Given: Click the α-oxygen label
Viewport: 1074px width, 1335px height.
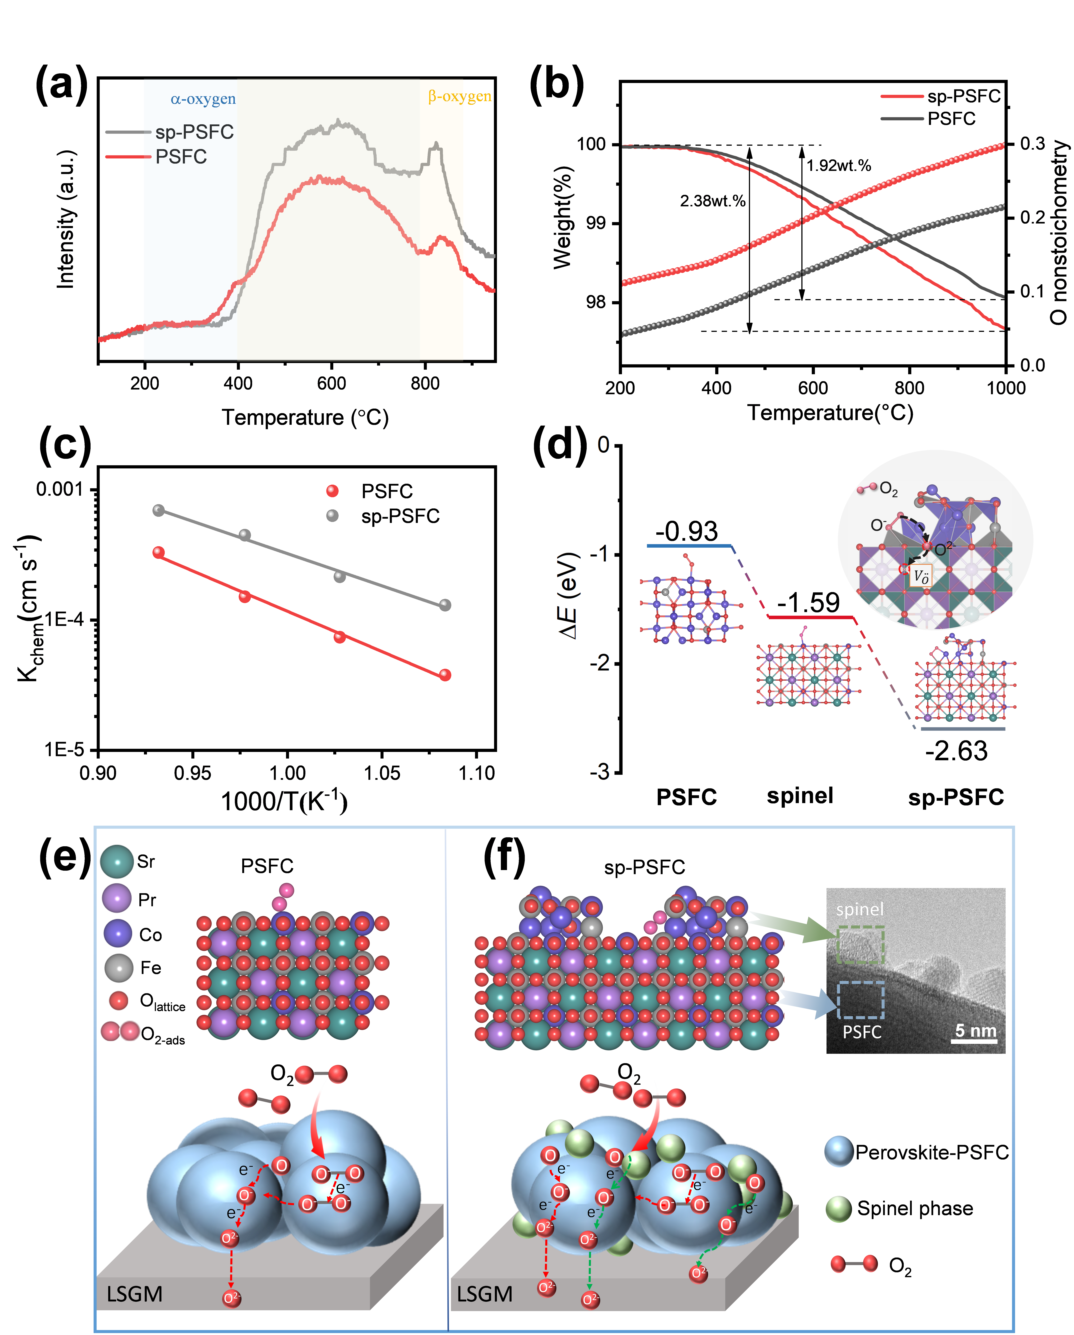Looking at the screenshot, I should pyautogui.click(x=203, y=99).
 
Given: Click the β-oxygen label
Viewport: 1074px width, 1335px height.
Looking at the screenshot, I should pyautogui.click(x=459, y=97).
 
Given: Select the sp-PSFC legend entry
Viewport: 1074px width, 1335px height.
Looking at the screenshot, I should pyautogui.click(x=194, y=132).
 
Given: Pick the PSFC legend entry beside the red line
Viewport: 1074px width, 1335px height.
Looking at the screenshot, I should pyautogui.click(x=181, y=157).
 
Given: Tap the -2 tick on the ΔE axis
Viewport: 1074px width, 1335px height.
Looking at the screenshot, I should pyautogui.click(x=599, y=663).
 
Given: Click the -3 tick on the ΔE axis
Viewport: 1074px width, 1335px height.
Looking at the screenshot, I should pyautogui.click(x=599, y=771).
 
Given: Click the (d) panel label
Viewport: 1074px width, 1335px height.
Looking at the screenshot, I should pyautogui.click(x=562, y=443).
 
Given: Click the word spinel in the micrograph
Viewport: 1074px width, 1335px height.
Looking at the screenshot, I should pyautogui.click(x=860, y=910).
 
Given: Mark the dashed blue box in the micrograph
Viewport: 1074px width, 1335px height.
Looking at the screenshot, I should pyautogui.click(x=860, y=1000).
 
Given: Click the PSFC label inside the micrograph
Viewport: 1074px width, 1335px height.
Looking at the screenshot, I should pyautogui.click(x=862, y=1032).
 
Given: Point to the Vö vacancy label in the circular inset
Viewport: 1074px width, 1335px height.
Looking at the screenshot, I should pyautogui.click(x=921, y=577).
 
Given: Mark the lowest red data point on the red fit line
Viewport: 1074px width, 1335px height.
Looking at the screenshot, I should pyautogui.click(x=444, y=675).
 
